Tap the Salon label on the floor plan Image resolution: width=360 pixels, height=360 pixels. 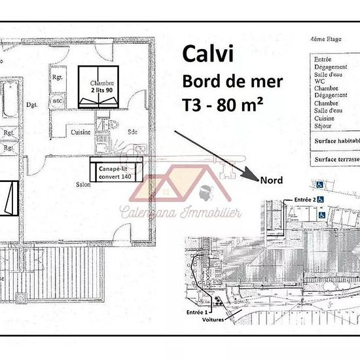click(82, 184)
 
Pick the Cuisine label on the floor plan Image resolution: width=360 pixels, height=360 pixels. click(81, 132)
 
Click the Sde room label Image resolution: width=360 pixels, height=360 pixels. click(132, 131)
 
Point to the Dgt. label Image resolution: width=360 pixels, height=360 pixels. click(30, 103)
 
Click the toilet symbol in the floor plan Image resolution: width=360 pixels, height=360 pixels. click(101, 123)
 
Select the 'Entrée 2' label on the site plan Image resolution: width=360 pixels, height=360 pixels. click(305, 199)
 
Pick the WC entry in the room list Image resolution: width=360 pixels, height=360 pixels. click(319, 81)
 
